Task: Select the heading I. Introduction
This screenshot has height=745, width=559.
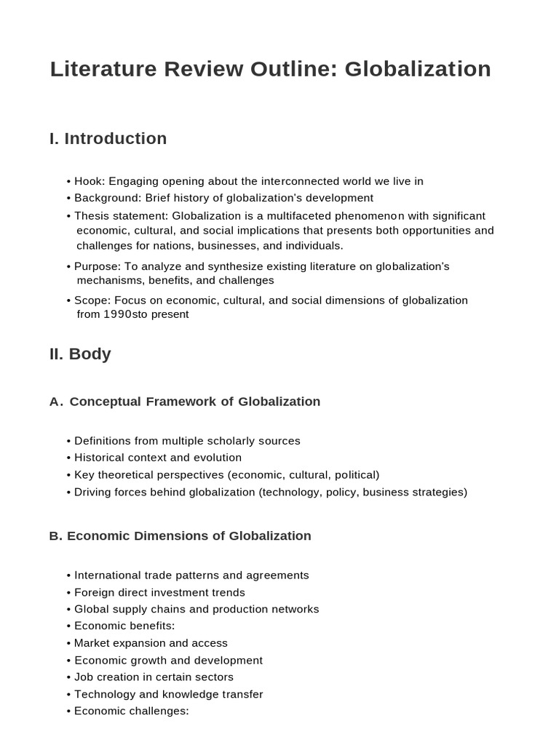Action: point(108,138)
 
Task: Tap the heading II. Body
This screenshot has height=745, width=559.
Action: point(80,354)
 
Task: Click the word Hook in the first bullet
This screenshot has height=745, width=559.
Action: point(89,181)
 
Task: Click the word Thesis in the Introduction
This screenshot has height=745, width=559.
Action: point(92,216)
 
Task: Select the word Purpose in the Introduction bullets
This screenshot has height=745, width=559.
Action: point(96,267)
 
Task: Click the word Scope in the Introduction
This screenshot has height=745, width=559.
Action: point(90,300)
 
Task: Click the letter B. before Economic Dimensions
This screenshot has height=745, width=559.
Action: point(55,536)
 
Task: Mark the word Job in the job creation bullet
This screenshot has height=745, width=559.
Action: point(84,677)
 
